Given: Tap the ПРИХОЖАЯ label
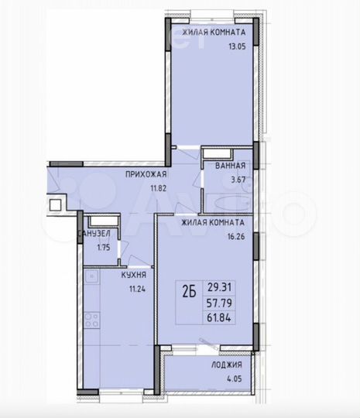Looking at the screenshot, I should point(146,175).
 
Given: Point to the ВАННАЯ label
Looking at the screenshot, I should point(231,166).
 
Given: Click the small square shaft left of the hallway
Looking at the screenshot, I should point(56,206).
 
